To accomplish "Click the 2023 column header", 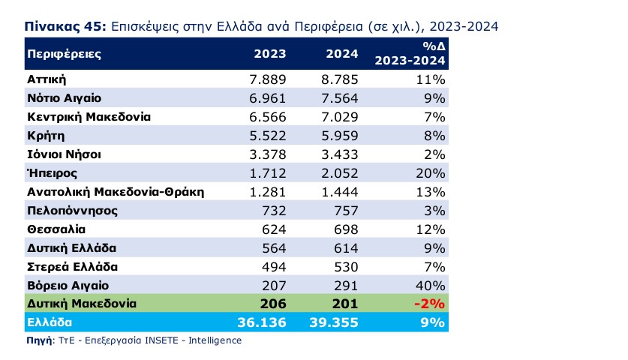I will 270,55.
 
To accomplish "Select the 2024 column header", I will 342,55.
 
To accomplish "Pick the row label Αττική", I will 48,79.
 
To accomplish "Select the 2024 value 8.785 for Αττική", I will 339,79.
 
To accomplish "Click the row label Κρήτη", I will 46,136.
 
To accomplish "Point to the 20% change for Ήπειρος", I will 431,173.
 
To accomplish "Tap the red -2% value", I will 430,304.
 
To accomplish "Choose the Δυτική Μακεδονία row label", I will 81,304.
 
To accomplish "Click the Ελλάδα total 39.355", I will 334,322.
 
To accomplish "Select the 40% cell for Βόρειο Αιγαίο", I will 431,285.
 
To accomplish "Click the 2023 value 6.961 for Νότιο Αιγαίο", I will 267,97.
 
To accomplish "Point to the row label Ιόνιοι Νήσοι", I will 64,154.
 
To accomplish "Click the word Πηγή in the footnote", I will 38,340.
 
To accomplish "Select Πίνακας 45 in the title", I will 65,26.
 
